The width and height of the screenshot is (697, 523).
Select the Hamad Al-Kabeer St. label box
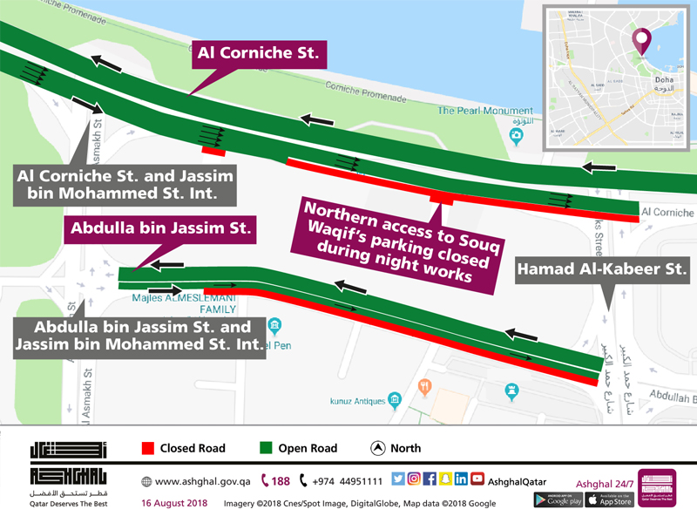(603, 272)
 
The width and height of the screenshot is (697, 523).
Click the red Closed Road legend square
(147, 448)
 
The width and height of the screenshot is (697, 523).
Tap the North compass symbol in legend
(378, 448)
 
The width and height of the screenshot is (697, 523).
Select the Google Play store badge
(558, 499)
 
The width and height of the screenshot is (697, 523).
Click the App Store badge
(609, 499)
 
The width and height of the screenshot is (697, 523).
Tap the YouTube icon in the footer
(477, 479)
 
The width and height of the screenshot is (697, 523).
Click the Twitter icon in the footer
(398, 479)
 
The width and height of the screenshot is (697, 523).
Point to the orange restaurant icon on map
(425, 385)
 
